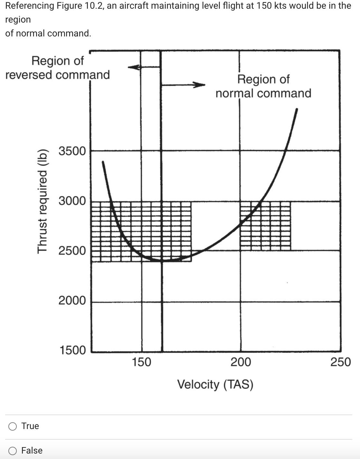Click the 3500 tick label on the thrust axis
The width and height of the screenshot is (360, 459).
[x=72, y=151]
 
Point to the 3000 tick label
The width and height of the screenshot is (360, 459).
[x=72, y=201]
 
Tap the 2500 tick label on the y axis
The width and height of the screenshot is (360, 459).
[x=72, y=250]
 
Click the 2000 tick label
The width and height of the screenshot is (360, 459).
[x=72, y=300]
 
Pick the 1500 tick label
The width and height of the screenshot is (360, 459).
[x=73, y=350]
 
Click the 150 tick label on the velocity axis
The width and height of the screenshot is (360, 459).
[x=142, y=362]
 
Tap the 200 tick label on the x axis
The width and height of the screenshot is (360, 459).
[x=241, y=362]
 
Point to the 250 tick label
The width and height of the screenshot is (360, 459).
[x=341, y=362]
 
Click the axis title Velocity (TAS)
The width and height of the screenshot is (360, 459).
[x=215, y=384]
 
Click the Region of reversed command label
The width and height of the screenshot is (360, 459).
[x=58, y=68]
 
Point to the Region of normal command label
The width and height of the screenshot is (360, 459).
[x=263, y=86]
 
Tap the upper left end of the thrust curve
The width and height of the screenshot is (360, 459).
[x=103, y=162]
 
